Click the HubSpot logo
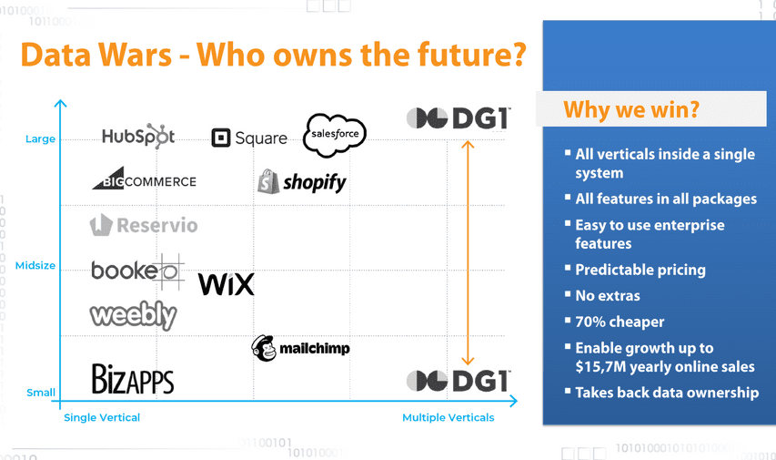[x=138, y=136]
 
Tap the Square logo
[x=249, y=138]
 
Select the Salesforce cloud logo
[x=335, y=135]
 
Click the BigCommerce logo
[x=144, y=179]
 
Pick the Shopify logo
[x=301, y=181]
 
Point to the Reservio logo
[x=144, y=225]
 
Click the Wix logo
[x=227, y=284]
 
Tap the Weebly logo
[x=133, y=315]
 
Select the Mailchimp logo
[x=300, y=348]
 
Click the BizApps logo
[x=133, y=379]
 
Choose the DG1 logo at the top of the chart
[x=459, y=118]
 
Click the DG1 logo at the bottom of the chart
[x=459, y=381]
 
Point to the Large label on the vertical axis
[x=41, y=138]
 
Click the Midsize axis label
[x=35, y=265]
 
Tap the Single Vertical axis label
[x=102, y=417]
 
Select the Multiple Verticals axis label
[x=448, y=417]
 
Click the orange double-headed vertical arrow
[x=468, y=253]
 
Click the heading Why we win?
[x=631, y=109]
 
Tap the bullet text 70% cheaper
[x=620, y=322]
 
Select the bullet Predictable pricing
[x=640, y=270]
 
